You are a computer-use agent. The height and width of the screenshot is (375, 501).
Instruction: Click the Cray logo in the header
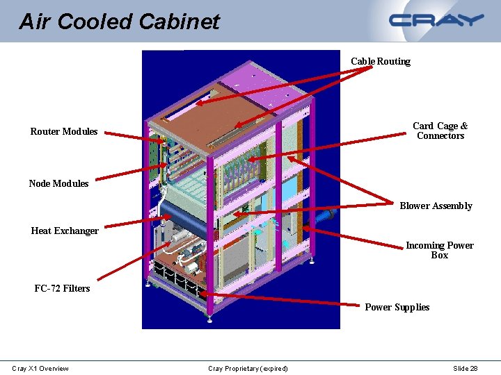(x=436, y=20)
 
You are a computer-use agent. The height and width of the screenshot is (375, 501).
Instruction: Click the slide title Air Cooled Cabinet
(x=119, y=22)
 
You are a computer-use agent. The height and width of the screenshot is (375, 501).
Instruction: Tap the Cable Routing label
(x=380, y=61)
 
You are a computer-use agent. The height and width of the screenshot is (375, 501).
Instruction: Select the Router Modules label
(x=64, y=131)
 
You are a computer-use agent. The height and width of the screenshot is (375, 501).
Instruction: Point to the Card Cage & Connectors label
(x=440, y=131)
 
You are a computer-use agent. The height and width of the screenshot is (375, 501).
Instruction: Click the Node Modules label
(x=58, y=183)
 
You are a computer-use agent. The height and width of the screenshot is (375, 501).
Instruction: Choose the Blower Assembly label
(x=436, y=206)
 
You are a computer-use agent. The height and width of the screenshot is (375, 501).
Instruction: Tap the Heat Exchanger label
(x=65, y=231)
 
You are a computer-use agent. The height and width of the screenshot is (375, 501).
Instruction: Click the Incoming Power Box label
(x=439, y=250)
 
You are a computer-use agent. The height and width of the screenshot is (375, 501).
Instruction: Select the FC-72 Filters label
(x=62, y=288)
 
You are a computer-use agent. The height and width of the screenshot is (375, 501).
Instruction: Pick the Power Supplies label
(x=397, y=307)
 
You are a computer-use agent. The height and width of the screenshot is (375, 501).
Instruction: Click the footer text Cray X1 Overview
(x=40, y=368)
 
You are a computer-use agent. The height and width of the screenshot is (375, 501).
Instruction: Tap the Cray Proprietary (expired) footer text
(x=248, y=368)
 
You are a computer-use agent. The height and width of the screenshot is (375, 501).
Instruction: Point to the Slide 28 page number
(x=465, y=368)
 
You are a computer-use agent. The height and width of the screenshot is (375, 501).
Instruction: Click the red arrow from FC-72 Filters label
(x=132, y=257)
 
